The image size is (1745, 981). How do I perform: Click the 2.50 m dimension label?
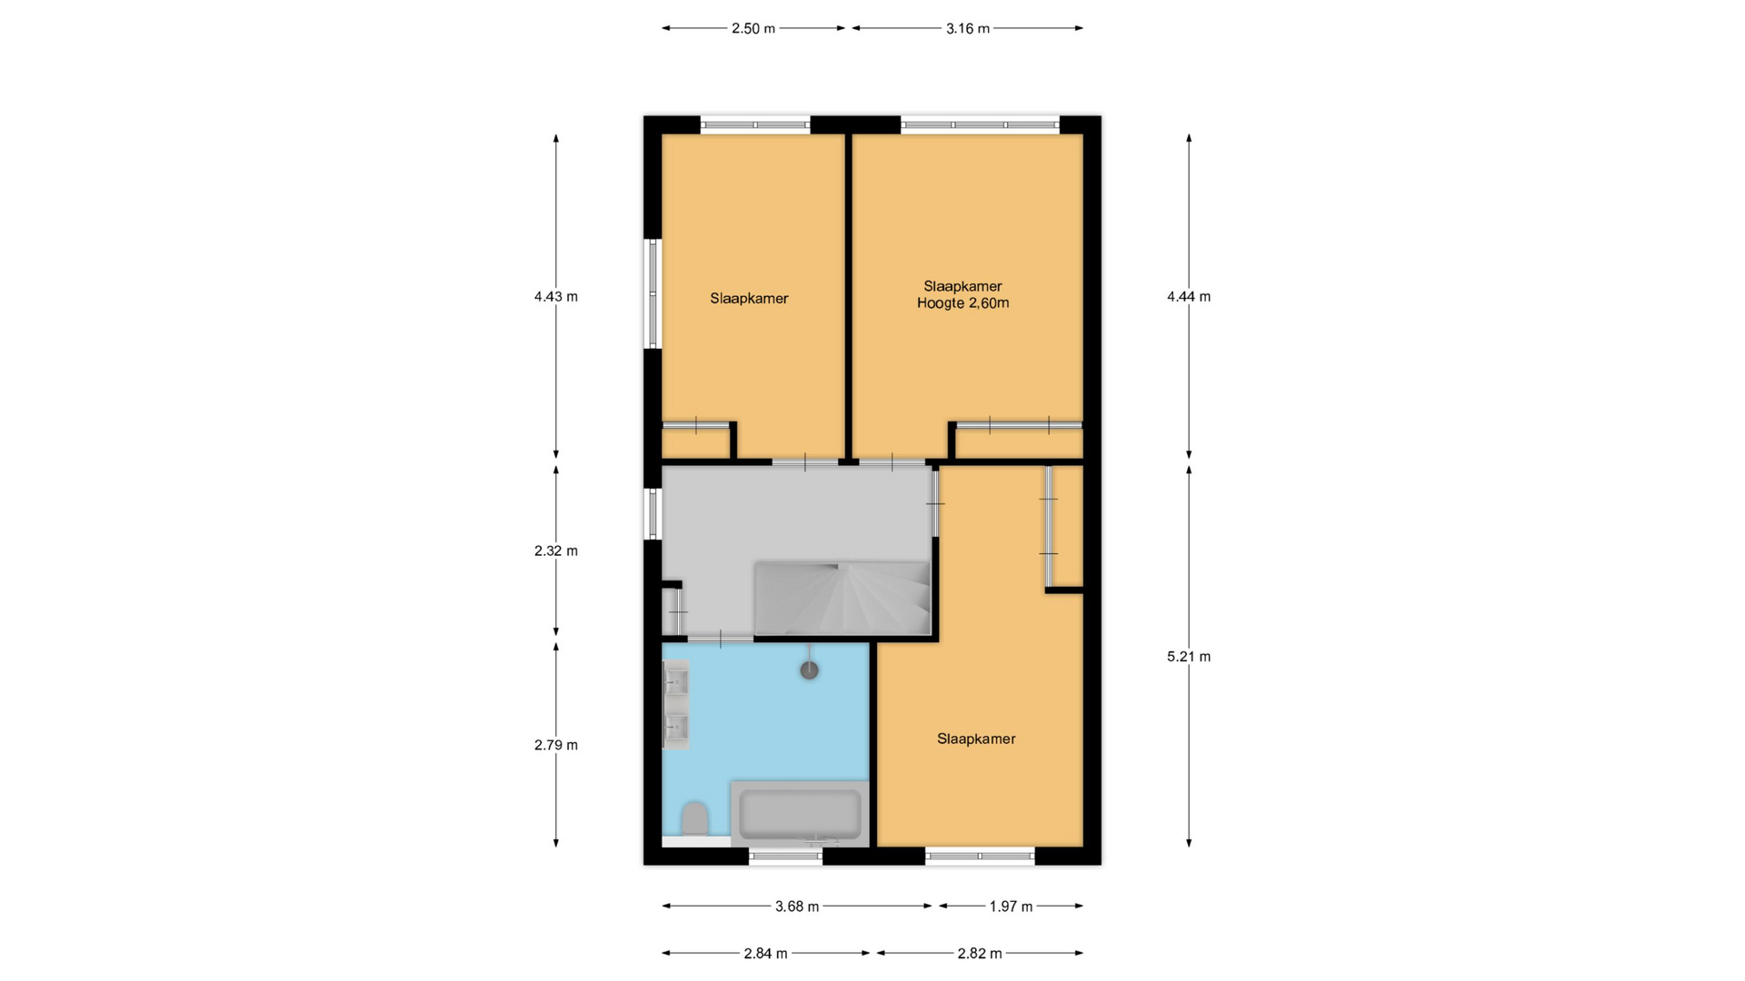(x=753, y=28)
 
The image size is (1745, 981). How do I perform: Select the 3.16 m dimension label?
(x=967, y=28)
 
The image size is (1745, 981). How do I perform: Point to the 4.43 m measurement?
(x=556, y=296)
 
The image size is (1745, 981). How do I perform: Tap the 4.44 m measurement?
(x=1189, y=296)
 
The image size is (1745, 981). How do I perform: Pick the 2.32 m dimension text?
(x=556, y=550)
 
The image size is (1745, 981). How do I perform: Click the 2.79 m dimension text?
(x=556, y=745)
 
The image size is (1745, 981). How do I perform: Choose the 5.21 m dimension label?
(x=1189, y=657)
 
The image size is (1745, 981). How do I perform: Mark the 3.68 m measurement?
(x=797, y=906)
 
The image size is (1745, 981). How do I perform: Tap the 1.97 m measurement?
(x=1011, y=906)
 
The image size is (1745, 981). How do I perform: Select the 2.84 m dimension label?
(x=765, y=953)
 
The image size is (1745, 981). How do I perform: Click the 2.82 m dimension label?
(x=980, y=953)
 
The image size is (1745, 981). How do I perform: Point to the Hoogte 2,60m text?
(x=962, y=303)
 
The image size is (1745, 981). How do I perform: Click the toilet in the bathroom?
(x=695, y=818)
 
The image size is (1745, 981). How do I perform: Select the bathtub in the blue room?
(x=800, y=814)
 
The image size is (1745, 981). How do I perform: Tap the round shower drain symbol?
(x=809, y=670)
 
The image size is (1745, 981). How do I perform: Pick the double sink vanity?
(x=675, y=704)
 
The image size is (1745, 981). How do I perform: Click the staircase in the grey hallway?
(x=843, y=598)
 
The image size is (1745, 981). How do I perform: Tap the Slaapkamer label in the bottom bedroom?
(x=976, y=738)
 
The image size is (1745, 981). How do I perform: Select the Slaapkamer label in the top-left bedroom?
(x=749, y=298)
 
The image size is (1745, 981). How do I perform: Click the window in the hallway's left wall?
(x=653, y=513)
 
